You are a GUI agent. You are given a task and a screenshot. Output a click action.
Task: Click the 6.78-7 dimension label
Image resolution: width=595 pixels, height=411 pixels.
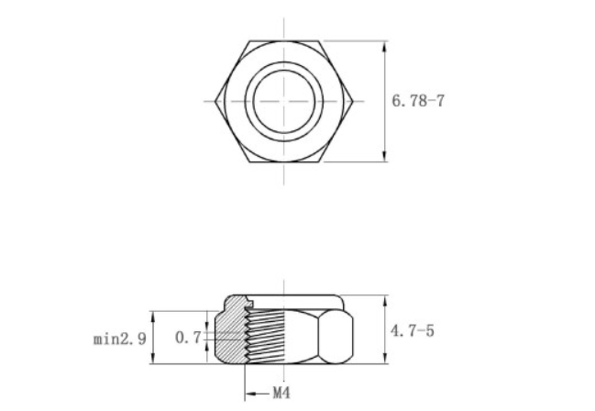(418, 101)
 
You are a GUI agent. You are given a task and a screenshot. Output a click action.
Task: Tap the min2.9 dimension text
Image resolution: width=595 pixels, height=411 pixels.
(119, 339)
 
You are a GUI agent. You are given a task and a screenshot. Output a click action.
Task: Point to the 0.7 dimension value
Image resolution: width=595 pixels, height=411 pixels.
(187, 339)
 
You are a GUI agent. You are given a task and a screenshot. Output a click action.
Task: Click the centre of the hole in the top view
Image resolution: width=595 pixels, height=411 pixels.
(284, 100)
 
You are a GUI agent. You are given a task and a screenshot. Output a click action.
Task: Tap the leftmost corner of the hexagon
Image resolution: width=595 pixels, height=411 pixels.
(215, 100)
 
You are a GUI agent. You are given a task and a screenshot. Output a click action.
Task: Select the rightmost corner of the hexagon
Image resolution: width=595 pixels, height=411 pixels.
(354, 100)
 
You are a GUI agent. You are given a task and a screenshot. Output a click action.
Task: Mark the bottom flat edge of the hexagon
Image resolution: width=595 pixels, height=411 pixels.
(284, 161)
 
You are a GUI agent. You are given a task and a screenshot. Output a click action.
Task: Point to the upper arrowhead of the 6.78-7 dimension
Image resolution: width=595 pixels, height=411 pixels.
(384, 45)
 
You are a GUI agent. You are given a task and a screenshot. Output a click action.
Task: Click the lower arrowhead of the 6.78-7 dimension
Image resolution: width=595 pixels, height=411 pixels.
(384, 156)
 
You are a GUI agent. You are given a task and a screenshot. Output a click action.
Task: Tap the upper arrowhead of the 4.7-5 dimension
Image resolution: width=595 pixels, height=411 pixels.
(384, 300)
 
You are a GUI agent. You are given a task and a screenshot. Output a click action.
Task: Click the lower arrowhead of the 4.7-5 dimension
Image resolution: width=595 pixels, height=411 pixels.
(384, 359)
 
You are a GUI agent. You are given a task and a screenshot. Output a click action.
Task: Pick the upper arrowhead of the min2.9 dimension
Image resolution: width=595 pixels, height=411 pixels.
(153, 316)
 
